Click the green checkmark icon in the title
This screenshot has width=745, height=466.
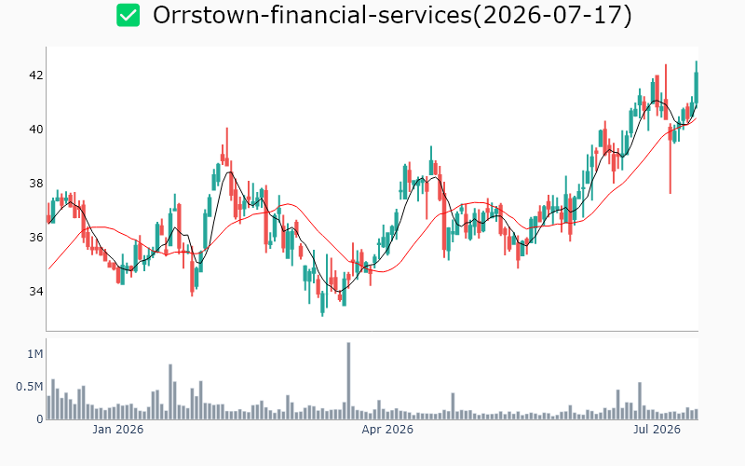pos(129,15)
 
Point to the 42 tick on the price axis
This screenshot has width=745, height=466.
pos(36,75)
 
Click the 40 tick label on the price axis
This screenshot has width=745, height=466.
pos(36,130)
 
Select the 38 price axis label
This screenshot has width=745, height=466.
pos(36,183)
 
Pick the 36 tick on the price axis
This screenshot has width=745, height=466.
pos(36,238)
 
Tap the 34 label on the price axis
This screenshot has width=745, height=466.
pos(36,291)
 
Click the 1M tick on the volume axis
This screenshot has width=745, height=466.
pos(35,354)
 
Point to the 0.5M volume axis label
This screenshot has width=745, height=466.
pos(30,387)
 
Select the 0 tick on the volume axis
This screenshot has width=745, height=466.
pos(40,418)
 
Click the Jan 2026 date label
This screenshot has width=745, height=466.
pos(118,430)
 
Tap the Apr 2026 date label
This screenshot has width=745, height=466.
pos(387,430)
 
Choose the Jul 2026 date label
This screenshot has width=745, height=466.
pos(657,430)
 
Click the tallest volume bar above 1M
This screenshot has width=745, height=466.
pos(348,380)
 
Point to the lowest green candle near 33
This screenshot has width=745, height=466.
pos(322,302)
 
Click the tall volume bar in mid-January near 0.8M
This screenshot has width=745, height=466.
pos(170,391)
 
